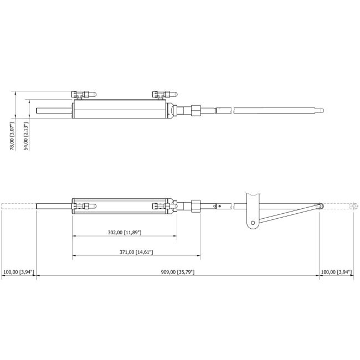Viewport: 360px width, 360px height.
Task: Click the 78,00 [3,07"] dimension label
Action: pos(12,136)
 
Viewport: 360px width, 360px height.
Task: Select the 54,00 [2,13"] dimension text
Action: pos(27,136)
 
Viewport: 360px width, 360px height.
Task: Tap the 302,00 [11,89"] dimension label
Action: pos(125,233)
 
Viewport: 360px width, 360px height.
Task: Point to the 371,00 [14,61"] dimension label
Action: pos(136,252)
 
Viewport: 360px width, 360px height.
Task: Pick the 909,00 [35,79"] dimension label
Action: pos(178,272)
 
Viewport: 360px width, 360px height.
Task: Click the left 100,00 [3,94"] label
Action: pos(19,272)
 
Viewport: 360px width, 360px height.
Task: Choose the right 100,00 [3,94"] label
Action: pos(336,272)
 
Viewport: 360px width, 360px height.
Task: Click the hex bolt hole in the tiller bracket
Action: pos(253,223)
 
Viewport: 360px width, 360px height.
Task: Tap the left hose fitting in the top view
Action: pos(84,94)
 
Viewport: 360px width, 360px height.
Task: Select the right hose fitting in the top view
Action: pos(165,94)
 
